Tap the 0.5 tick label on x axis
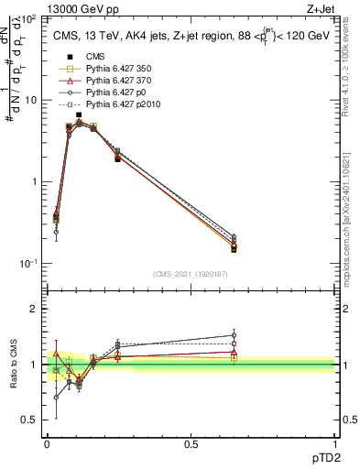191,444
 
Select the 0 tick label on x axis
47,444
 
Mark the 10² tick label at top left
27,18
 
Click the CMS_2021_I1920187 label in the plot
191,273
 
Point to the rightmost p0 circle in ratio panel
234,335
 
